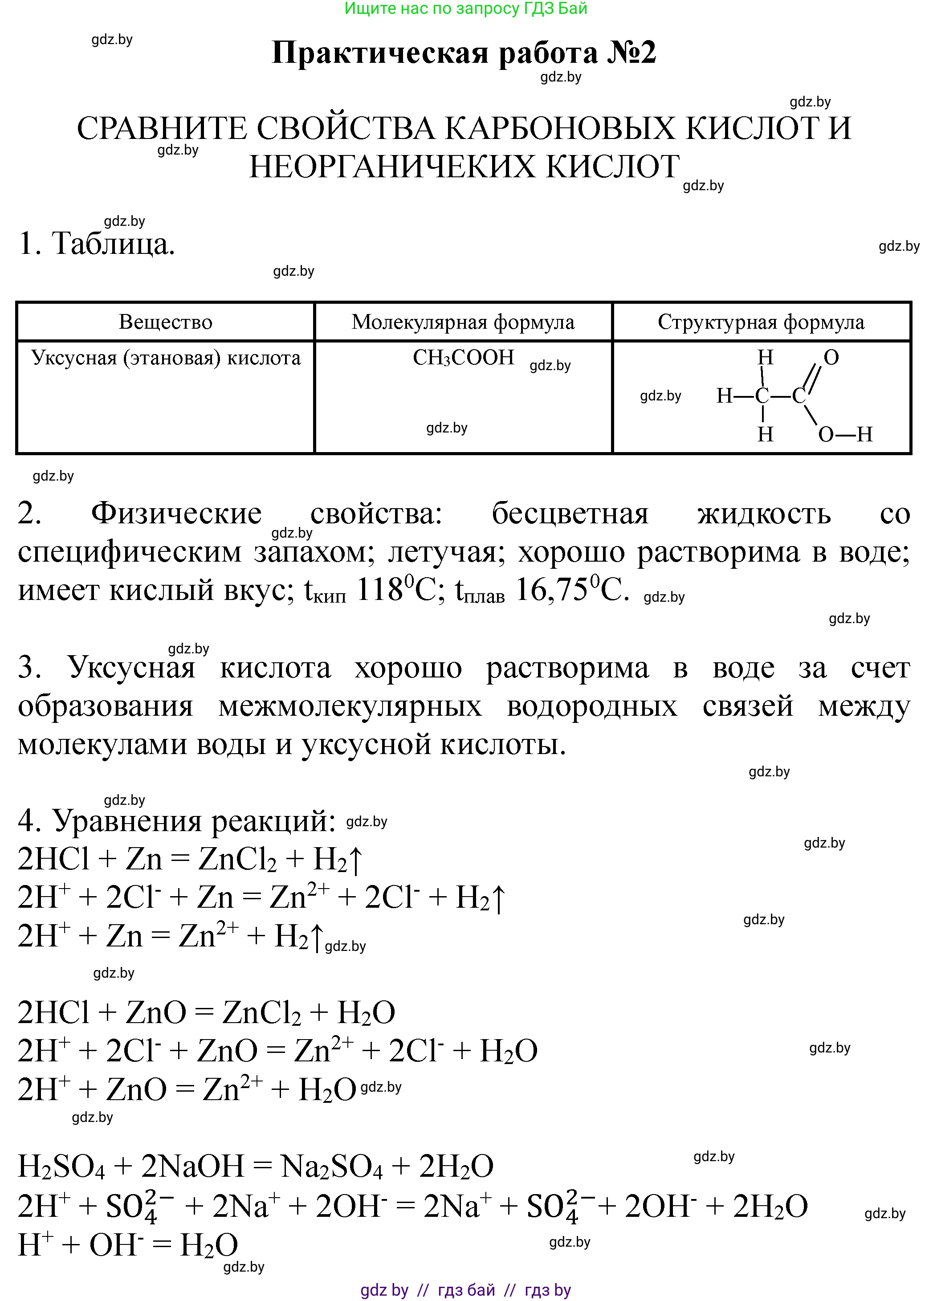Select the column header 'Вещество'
[165, 322]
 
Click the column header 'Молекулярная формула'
[463, 322]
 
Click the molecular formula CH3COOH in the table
[463, 357]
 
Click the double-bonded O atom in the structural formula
[831, 357]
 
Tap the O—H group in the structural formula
[845, 434]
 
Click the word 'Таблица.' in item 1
[113, 243]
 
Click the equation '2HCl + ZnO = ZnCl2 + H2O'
[207, 1013]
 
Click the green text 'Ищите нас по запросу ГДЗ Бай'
[466, 8]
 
